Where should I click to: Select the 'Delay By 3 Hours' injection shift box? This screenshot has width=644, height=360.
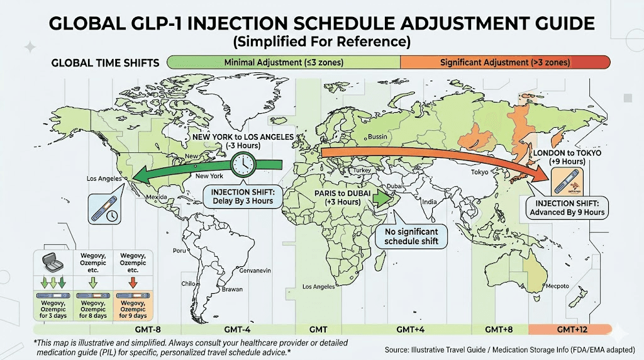[x=243, y=196]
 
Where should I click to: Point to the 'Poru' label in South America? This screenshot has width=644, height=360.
[x=180, y=250]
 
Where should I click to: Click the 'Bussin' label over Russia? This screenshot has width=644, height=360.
[x=377, y=137]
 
